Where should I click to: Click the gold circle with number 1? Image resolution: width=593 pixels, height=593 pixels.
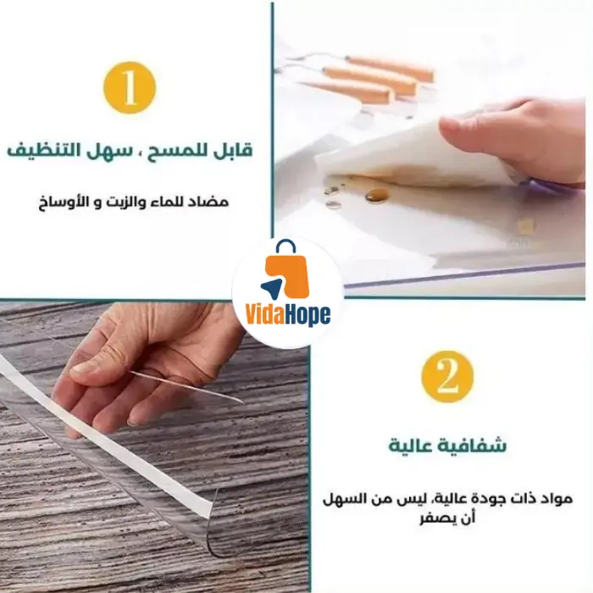click(x=130, y=87)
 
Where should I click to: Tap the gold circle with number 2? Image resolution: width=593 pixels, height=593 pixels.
click(x=447, y=376)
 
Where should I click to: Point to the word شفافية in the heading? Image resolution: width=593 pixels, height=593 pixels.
click(x=472, y=445)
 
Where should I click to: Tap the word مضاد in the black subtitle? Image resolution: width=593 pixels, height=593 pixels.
click(x=213, y=202)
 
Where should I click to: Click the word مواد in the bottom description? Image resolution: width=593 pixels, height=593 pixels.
click(x=558, y=499)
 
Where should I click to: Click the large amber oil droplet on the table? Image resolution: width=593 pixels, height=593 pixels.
click(x=377, y=195)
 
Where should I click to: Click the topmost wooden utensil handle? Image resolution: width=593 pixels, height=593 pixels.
click(x=391, y=68)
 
